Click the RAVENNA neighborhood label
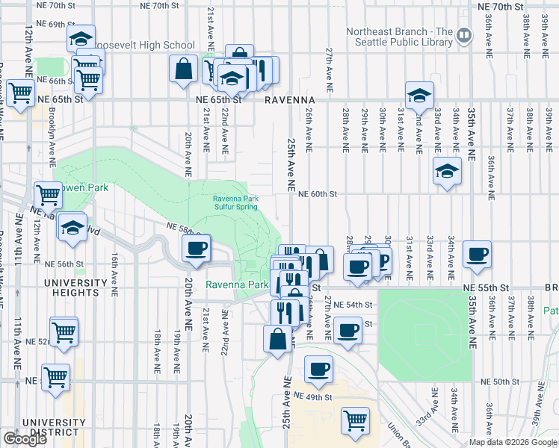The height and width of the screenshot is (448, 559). point(287,99)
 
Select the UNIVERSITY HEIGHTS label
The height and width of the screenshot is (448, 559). point(75,283)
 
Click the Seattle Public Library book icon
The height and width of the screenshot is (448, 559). point(464,34)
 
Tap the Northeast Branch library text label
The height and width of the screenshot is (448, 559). point(400,37)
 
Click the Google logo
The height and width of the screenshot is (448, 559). point(25,439)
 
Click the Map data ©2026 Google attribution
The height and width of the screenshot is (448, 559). point(513,442)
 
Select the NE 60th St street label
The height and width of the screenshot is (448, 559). point(318,194)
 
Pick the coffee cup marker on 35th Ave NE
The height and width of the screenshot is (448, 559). point(476,255)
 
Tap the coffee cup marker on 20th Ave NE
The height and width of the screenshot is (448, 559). point(197,249)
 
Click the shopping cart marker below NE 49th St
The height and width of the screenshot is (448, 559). point(355,420)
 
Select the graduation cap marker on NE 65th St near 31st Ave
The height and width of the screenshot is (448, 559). point(420,96)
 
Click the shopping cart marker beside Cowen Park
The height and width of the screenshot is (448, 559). point(48,195)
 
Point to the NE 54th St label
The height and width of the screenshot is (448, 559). point(352,305)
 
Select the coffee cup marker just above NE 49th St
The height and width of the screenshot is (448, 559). point(318,369)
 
